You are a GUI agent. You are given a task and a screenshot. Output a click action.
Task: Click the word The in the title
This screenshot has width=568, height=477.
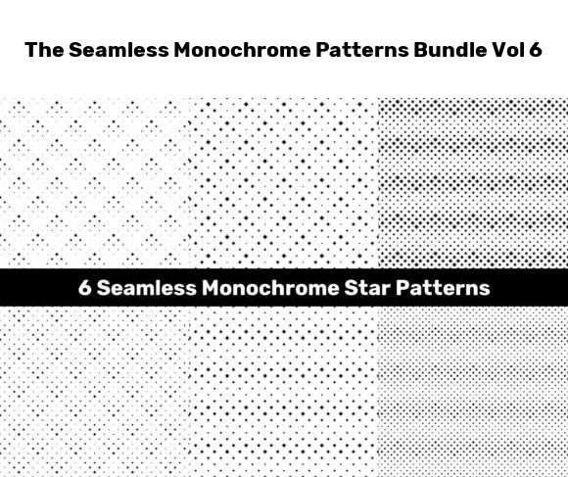coord(43,51)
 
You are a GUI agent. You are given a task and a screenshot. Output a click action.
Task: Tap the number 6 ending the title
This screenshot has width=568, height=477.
coord(535,51)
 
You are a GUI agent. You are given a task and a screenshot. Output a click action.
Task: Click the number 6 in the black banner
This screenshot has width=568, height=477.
coord(84,289)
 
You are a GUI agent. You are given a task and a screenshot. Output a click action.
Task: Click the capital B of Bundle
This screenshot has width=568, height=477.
coord(424,51)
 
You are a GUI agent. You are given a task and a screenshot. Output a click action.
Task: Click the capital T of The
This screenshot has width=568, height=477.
coord(30,51)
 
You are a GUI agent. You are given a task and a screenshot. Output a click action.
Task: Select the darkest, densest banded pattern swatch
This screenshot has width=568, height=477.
coord(473,181)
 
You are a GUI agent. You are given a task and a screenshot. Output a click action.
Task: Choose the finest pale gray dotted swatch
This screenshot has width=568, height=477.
coord(473,392)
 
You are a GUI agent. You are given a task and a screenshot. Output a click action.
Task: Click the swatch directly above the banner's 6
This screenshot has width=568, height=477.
coord(93,181)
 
